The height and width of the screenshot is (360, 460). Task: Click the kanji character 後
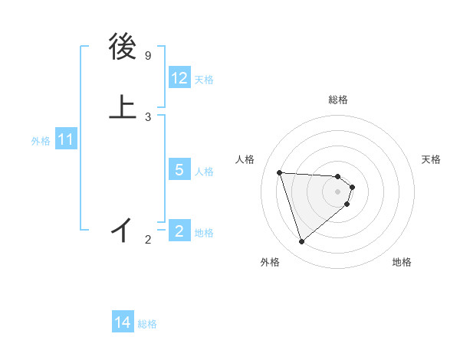(x=123, y=47)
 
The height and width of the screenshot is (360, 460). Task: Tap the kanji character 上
(x=123, y=108)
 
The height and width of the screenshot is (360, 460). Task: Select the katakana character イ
(x=123, y=229)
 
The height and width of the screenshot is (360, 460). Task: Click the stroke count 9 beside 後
(x=148, y=56)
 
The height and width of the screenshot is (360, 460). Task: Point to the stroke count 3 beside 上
(x=148, y=116)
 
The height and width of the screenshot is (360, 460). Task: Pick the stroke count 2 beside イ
(x=148, y=240)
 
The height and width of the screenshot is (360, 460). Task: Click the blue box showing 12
(x=179, y=78)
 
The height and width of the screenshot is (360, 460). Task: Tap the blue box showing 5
(x=179, y=170)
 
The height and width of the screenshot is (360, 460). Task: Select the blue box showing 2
(x=179, y=231)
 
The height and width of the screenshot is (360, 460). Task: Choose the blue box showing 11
(x=66, y=140)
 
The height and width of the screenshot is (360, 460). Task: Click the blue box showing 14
(x=123, y=323)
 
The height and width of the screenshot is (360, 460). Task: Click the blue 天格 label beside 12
(x=204, y=80)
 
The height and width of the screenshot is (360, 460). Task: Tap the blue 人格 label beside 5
(x=204, y=171)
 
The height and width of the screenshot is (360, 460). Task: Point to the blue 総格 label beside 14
(x=147, y=324)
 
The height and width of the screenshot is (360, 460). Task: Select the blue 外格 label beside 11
(x=40, y=141)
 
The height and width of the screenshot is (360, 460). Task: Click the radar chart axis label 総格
(x=338, y=100)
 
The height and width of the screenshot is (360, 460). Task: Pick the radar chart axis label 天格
(x=432, y=159)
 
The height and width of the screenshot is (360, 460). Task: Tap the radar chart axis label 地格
(x=402, y=262)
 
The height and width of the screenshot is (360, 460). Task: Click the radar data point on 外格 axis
(x=302, y=242)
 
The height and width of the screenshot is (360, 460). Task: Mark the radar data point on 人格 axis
(x=280, y=172)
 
